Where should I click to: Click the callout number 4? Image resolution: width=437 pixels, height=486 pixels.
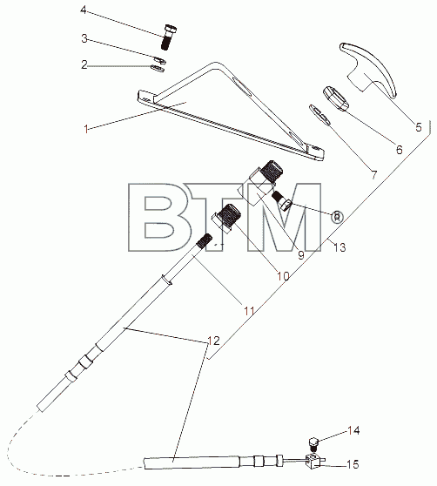pos(84,10)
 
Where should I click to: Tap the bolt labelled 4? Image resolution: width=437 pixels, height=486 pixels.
pos(169,37)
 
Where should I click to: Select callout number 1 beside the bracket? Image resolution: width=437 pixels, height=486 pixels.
pos(86,128)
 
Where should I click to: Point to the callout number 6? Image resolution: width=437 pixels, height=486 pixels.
pos(400,150)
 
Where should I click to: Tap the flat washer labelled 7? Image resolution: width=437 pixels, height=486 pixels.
pos(320,115)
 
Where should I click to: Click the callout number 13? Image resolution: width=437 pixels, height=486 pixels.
pos(340,247)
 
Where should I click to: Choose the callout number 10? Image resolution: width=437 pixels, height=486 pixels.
pos(283,275)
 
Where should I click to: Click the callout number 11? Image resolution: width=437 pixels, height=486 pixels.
pos(249,311)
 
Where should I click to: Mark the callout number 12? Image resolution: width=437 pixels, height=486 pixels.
pos(213,341)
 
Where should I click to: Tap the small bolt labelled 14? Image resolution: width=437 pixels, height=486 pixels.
pos(313,444)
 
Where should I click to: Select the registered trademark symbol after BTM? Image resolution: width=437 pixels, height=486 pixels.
pos(336,216)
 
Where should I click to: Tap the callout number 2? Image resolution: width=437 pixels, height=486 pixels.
pos(84,64)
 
